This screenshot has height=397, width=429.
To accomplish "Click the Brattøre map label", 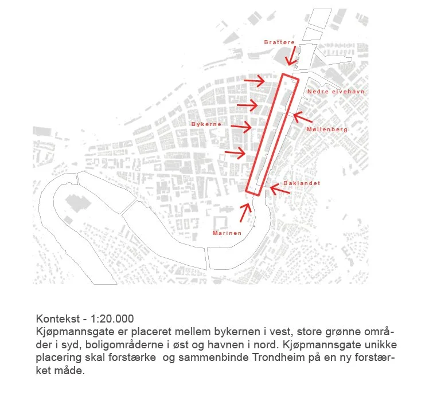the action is coord(279,42).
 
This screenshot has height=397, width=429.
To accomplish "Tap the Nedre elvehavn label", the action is coord(336,92).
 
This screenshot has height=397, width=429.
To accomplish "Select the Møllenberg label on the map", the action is coord(327,129).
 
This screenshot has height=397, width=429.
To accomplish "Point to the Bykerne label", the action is coord(206,124).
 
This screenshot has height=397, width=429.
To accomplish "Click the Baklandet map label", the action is coord(302,183).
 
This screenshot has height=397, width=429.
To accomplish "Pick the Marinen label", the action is coord(227,233).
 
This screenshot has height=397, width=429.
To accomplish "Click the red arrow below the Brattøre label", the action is coord(291,56).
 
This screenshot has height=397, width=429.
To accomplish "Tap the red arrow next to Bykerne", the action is coord(241,127).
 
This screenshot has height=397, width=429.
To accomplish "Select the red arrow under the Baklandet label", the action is coord(280,189).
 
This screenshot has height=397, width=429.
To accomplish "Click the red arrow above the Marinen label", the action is coord(245,213).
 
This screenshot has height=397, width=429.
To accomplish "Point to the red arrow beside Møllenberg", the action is coord(303,117).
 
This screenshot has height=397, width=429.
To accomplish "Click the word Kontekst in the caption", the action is coord(58,319).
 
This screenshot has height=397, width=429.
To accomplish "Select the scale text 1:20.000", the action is coord(112,319).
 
